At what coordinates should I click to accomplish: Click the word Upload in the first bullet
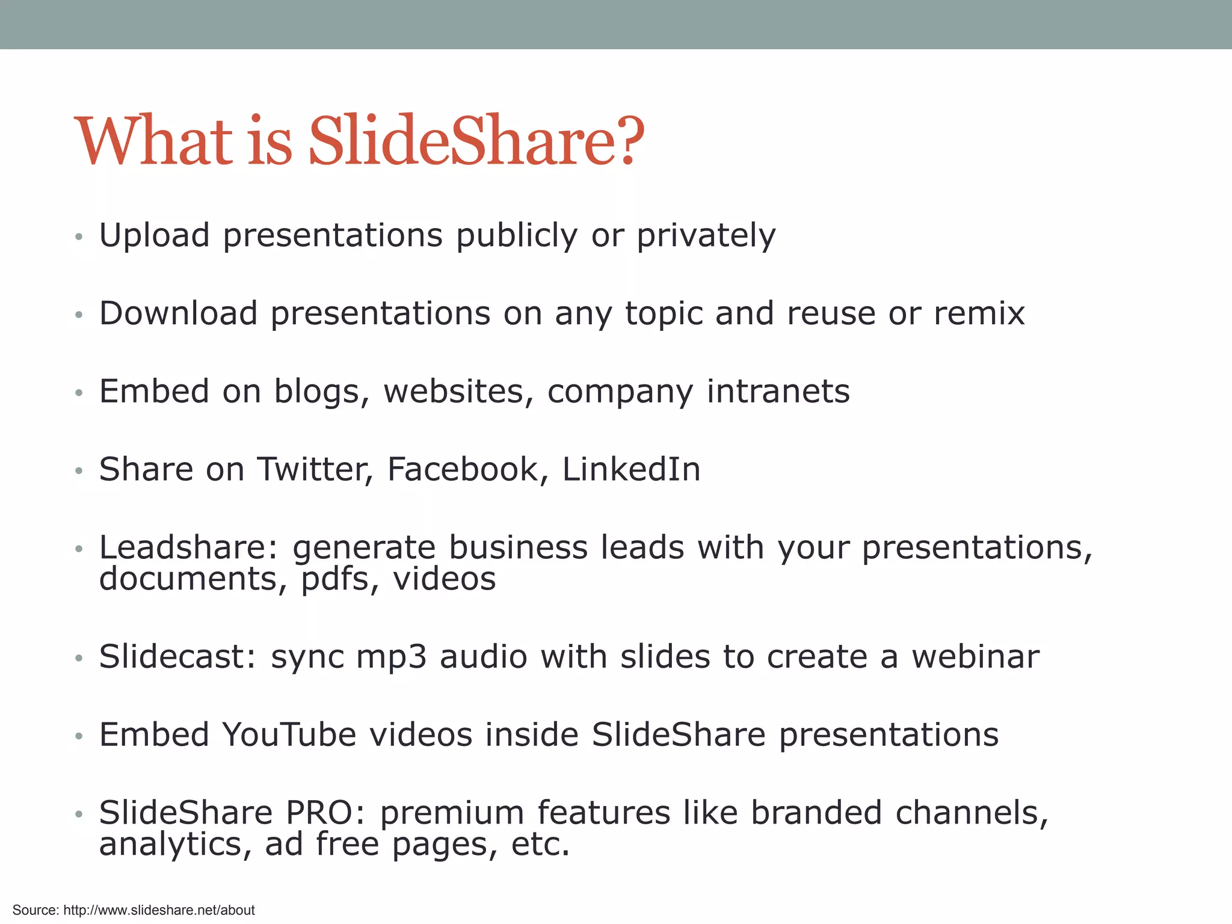pyautogui.click(x=155, y=235)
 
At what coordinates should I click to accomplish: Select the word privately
pyautogui.click(x=706, y=235)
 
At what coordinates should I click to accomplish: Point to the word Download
pyautogui.click(x=178, y=313)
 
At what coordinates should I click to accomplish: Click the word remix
pyautogui.click(x=979, y=313)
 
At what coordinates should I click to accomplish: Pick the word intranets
pyautogui.click(x=778, y=392)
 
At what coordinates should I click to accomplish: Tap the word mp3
pyautogui.click(x=391, y=658)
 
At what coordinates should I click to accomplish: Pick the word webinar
pyautogui.click(x=975, y=656)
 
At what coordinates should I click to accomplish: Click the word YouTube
pyautogui.click(x=289, y=735)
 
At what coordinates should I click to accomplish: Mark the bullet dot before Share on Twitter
pyautogui.click(x=78, y=471)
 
